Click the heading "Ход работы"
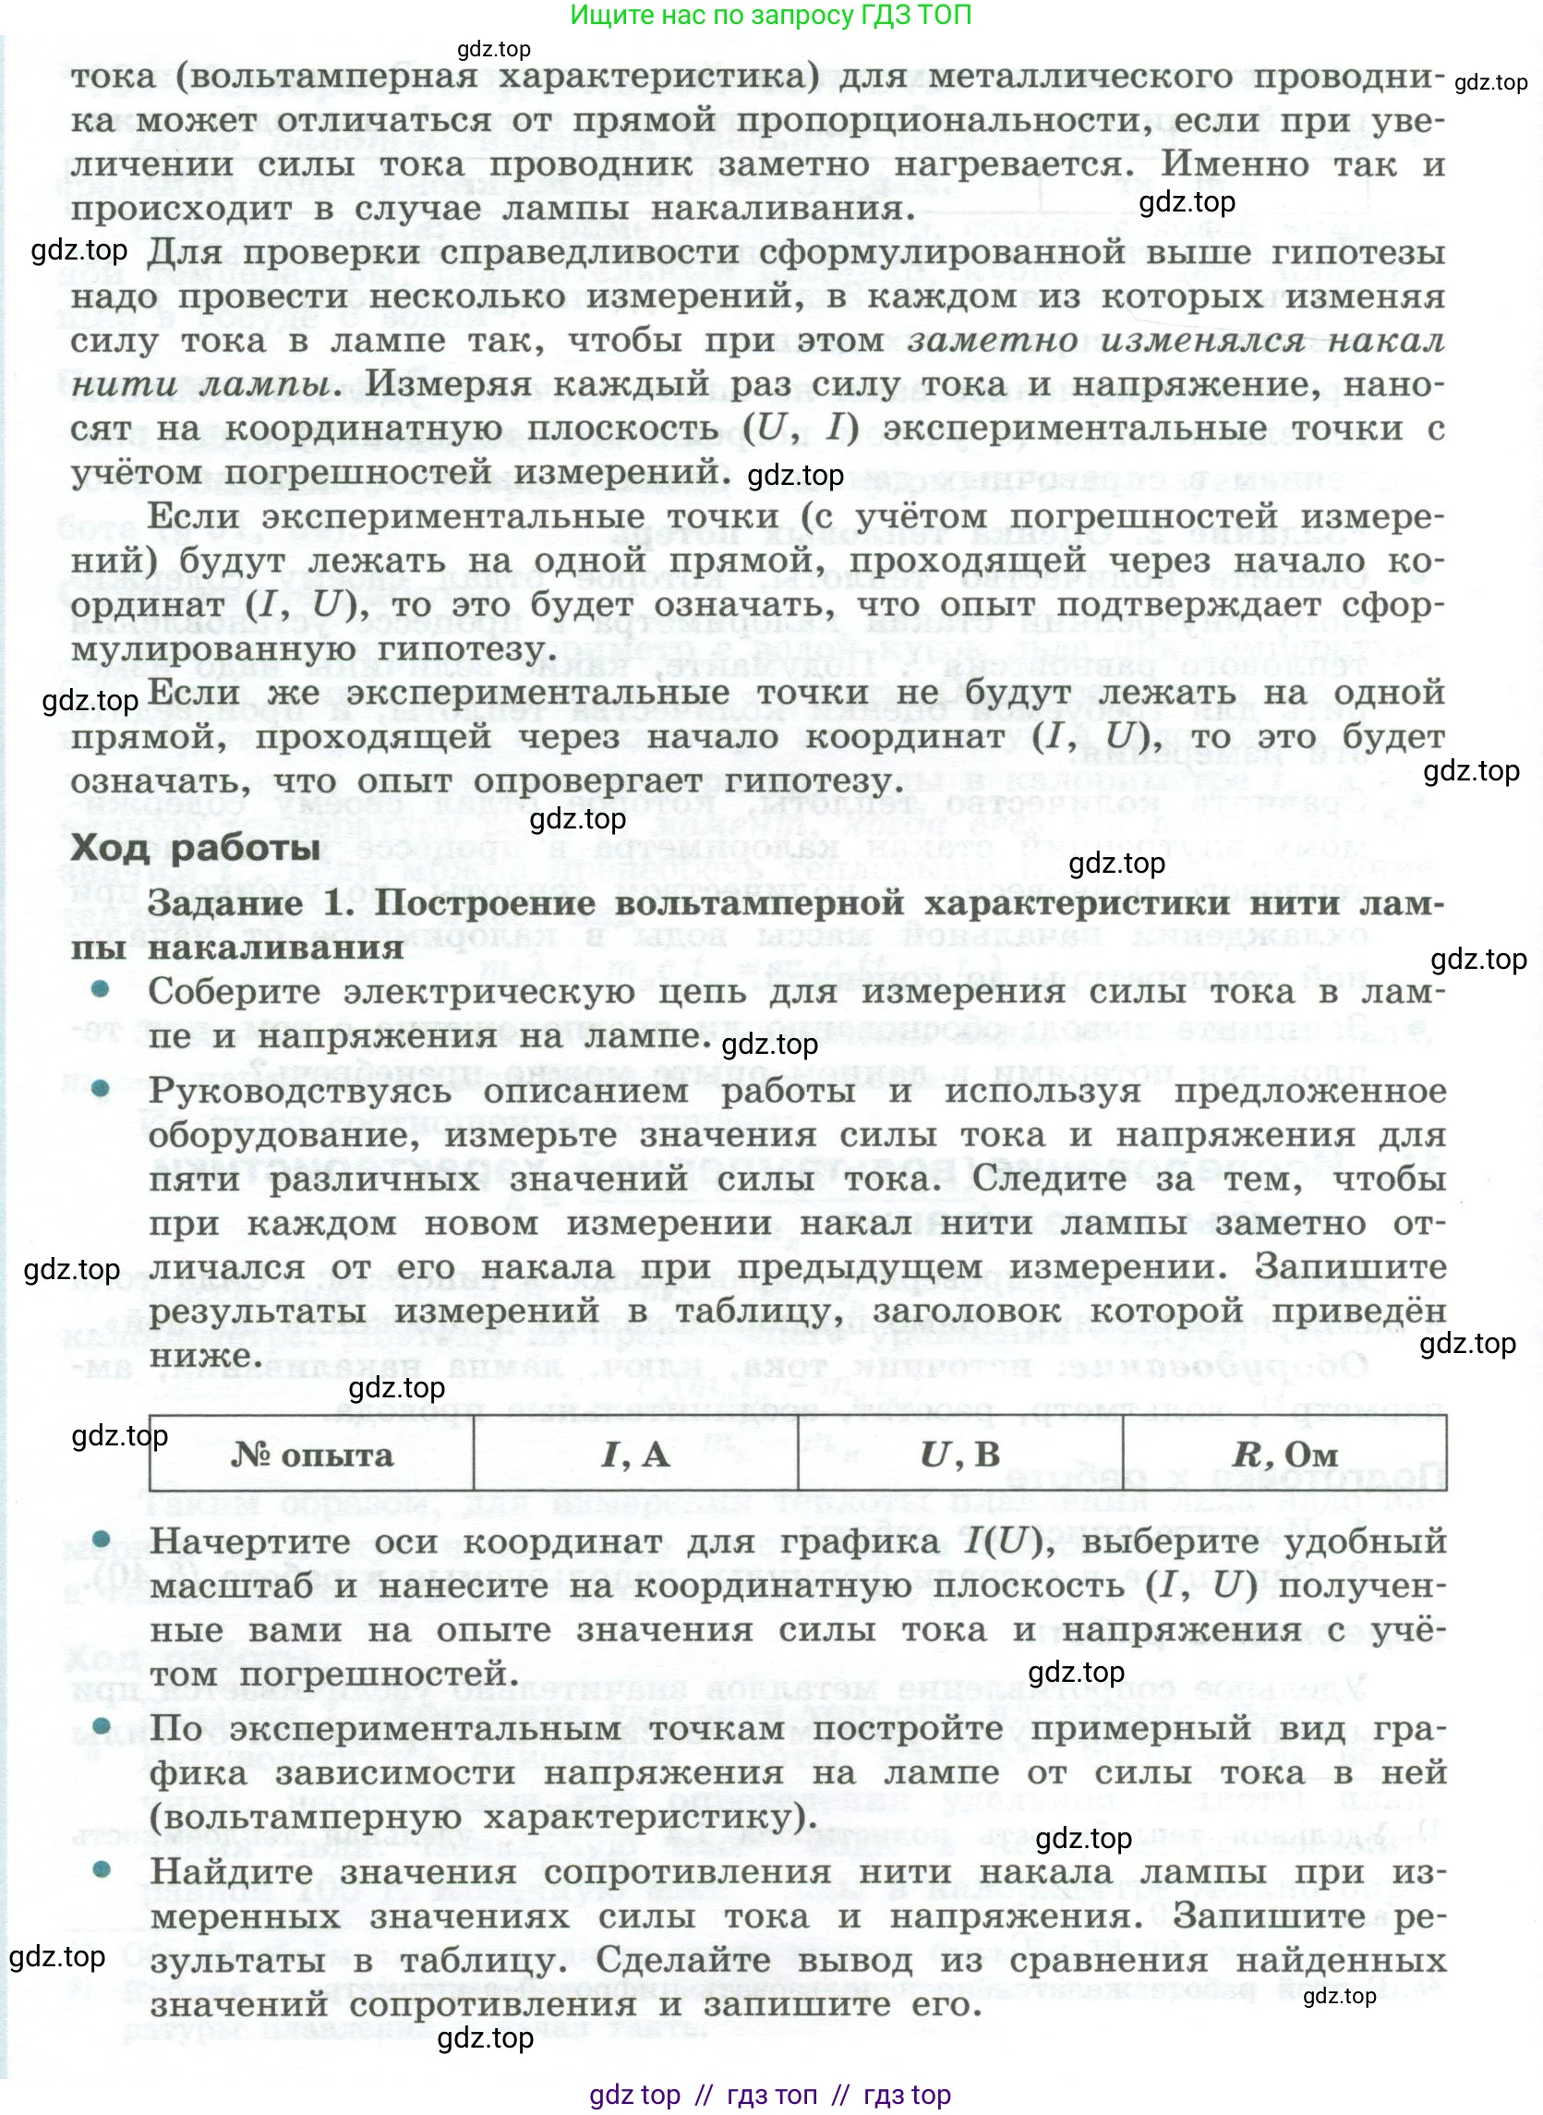195,847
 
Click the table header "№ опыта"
312,1455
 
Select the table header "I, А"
635,1455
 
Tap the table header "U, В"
959,1454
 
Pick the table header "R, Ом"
1284,1455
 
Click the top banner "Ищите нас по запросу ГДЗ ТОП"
770,15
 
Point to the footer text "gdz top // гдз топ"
770,2096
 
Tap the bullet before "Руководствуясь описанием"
101,1088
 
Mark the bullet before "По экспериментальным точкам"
101,1726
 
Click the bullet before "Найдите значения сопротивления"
101,1869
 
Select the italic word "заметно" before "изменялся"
992,340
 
